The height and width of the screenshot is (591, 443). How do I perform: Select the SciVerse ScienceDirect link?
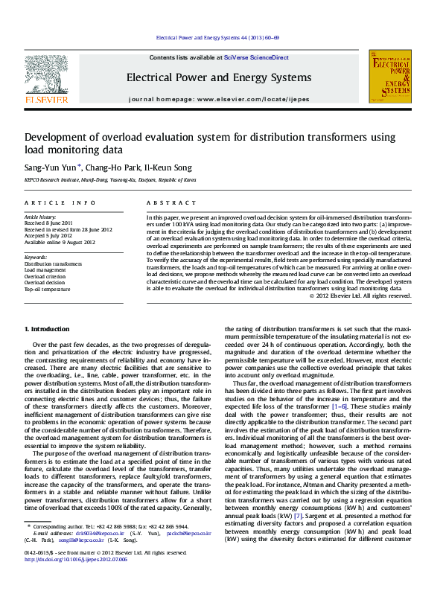click(x=252, y=57)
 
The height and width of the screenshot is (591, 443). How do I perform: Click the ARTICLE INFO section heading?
click(x=60, y=202)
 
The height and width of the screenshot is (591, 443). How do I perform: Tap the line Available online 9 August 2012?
click(x=60, y=242)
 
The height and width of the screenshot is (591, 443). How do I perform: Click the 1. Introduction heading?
click(x=48, y=329)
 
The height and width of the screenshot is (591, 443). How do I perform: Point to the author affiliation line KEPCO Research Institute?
click(x=110, y=179)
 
